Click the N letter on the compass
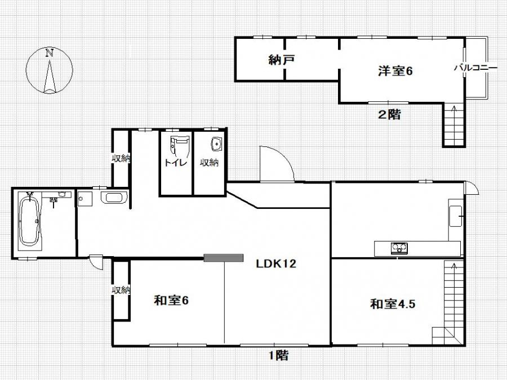pos(50,53)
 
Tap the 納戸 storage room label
pos(281,60)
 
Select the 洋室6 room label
pos(395,71)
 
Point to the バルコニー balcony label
pos(475,68)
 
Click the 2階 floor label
pos(389,114)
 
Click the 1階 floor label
pos(279,355)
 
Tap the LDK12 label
pos(276,264)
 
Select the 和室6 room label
pos(171,301)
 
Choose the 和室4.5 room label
pos(393,304)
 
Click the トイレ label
pos(176,162)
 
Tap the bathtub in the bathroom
pos(29,222)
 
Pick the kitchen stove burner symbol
pos(399,248)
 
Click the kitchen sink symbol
pos(456,216)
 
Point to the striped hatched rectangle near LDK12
pos(224,258)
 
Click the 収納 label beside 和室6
pos(121,290)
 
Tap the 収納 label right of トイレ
pos(209,162)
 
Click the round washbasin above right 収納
pos(216,144)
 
